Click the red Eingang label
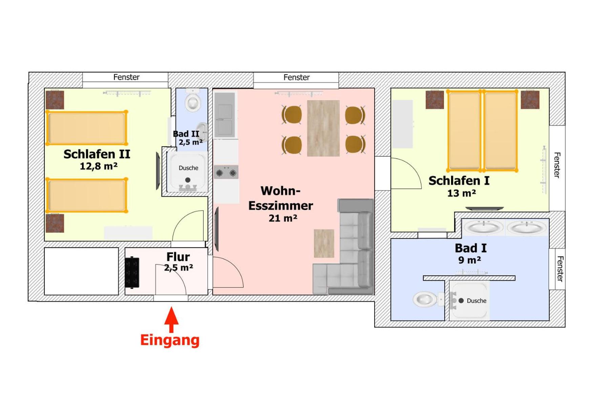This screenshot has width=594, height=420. (x=170, y=340)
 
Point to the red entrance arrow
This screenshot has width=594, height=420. (x=172, y=320)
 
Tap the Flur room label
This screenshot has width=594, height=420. (x=178, y=257)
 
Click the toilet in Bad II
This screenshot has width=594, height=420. (x=193, y=101)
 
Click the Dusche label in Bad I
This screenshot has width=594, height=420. (x=476, y=301)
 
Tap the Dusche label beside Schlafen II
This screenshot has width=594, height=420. (x=188, y=168)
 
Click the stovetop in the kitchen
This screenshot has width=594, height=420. (x=226, y=172)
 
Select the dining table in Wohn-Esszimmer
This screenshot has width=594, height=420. (x=323, y=128)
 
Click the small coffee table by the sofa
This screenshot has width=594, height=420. (x=324, y=243)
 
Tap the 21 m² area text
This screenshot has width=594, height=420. (x=283, y=218)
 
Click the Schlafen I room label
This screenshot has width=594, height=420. (x=459, y=181)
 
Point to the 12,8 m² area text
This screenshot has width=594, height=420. (x=99, y=166)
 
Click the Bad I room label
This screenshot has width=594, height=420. (x=470, y=248)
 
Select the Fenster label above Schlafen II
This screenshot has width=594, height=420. (x=126, y=77)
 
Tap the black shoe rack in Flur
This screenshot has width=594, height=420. (x=132, y=273)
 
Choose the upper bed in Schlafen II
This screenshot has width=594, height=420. (x=87, y=128)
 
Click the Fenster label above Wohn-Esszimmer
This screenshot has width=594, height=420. (x=296, y=77)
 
